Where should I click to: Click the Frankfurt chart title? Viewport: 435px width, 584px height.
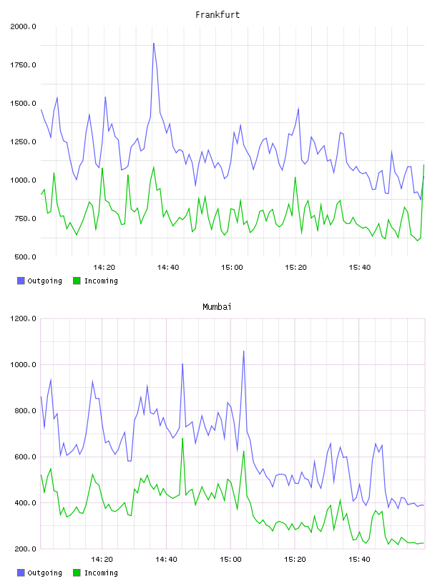point(217,15)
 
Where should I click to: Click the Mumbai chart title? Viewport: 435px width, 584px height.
point(217,307)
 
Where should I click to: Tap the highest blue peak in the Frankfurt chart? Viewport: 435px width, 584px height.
point(153,44)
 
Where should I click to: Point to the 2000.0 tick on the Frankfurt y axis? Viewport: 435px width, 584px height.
point(23,26)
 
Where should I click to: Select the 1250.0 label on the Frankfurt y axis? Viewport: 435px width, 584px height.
point(23,142)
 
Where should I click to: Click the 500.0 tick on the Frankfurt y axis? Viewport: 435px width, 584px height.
point(25,257)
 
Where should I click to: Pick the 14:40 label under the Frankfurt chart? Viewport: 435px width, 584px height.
point(168,267)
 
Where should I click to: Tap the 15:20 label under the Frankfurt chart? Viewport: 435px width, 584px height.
point(295,267)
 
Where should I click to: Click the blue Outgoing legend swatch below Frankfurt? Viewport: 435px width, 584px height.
point(21,281)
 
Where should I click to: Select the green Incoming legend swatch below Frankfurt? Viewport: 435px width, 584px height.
point(77,281)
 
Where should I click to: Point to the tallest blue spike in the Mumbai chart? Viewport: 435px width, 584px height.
point(243,351)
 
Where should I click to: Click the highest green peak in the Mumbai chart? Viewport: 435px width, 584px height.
point(182,439)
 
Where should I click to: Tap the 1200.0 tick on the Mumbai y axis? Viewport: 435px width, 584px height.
point(23,318)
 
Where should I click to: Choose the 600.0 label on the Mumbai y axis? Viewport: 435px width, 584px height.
point(25,457)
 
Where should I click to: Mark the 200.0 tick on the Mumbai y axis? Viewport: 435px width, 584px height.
point(25,549)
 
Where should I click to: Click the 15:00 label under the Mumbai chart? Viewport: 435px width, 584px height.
point(230,559)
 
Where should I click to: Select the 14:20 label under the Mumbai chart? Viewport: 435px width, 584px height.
point(102,559)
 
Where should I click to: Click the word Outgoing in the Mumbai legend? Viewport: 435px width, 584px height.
point(44,573)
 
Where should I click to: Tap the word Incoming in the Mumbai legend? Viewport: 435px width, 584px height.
point(101,573)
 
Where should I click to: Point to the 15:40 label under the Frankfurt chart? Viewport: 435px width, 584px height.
point(360,267)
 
